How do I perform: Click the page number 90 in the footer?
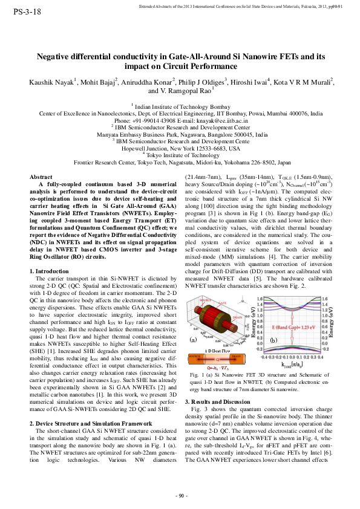pyautogui.click(x=180, y=496)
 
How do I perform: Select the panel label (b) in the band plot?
pyautogui.click(x=273, y=340)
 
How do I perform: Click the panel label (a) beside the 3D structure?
pyautogui.click(x=194, y=340)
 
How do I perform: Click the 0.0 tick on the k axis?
pyautogui.click(x=292, y=357)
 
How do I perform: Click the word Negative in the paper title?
pyautogui.click(x=55, y=56)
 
